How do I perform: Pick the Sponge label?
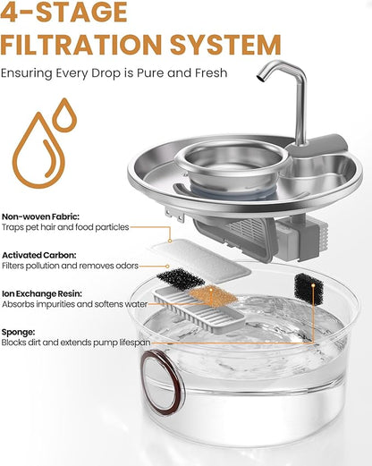(20, 330)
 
